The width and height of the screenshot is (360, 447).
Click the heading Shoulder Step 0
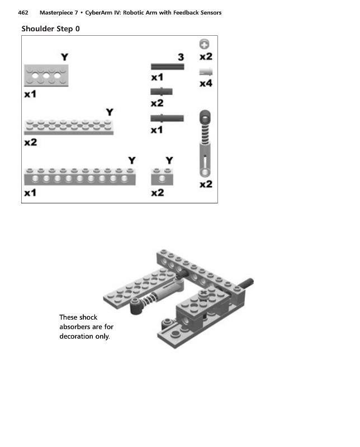pos(50,28)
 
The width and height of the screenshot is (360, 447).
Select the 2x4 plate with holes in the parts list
pos(46,75)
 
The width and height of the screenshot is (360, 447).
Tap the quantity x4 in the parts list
pos(206,83)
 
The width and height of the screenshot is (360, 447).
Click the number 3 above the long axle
pos(181,57)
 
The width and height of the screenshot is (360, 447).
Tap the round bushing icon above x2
pos(205,44)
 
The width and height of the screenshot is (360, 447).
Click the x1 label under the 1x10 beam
pos(30,193)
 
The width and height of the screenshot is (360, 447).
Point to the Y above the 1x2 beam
pos(169,161)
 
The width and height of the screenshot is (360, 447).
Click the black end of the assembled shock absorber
pos(136,306)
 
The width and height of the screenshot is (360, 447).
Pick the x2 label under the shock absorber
pos(206,184)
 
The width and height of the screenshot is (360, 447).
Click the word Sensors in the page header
pos(209,12)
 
